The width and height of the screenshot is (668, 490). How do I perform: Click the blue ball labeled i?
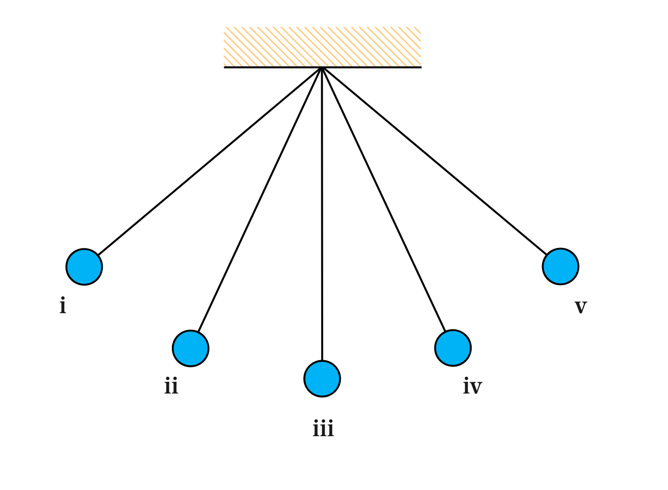point(84,267)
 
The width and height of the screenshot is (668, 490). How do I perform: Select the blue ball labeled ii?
point(191,348)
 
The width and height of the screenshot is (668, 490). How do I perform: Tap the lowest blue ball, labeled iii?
point(322,379)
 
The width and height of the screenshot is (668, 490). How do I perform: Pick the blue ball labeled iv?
point(453,348)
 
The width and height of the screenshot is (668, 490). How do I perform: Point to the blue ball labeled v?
point(561,267)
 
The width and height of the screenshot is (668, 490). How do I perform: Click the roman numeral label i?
point(63,306)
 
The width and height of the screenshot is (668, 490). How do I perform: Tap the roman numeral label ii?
point(171,387)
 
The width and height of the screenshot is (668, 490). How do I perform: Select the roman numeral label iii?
point(323,429)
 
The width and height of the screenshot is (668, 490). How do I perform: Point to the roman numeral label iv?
point(473,387)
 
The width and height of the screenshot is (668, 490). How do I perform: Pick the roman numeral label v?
point(580,307)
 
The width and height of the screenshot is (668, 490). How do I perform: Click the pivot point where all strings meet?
point(322,68)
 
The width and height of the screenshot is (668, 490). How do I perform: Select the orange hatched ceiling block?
point(322,47)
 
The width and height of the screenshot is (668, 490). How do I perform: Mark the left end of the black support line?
point(225,67)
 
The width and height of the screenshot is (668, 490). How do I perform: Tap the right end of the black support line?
point(421,67)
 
